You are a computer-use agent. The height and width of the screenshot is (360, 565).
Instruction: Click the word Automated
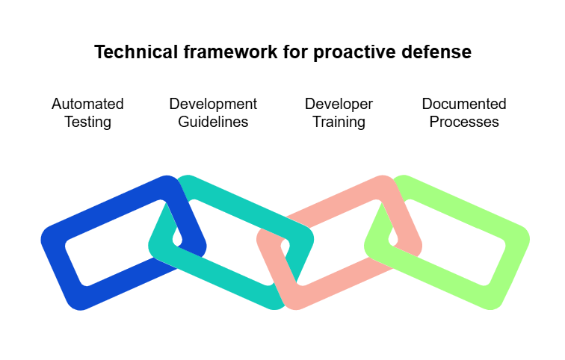[x=87, y=104]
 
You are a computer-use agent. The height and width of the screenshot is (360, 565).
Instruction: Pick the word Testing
[x=87, y=122]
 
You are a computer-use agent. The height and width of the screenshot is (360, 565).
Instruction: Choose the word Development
[x=213, y=104]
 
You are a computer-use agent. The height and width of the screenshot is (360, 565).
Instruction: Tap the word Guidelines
[x=213, y=122]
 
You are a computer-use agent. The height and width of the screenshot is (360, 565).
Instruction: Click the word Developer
[x=339, y=104]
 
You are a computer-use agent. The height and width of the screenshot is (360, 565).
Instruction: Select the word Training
[x=339, y=122]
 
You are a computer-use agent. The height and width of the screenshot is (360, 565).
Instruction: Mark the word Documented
[x=464, y=104]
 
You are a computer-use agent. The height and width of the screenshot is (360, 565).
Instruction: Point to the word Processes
[x=464, y=122]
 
